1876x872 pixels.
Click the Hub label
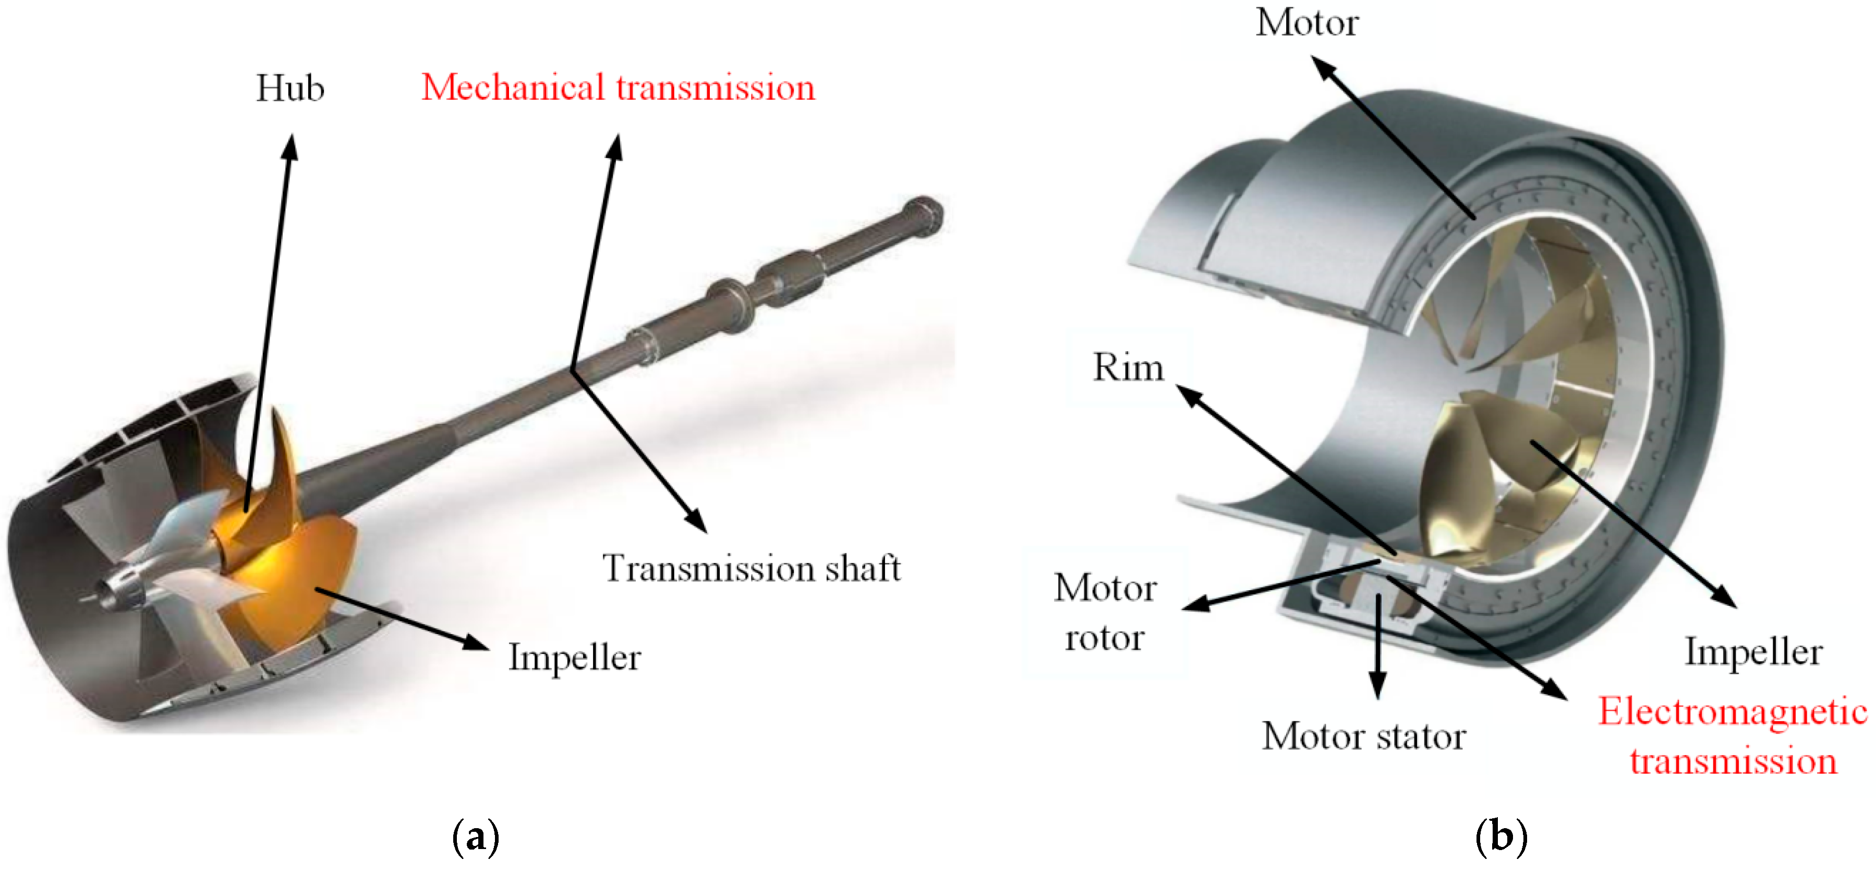click(290, 89)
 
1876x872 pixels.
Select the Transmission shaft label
click(751, 568)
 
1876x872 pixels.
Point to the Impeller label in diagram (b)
click(1753, 651)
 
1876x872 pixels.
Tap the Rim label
click(1128, 367)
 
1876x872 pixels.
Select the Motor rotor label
click(1105, 612)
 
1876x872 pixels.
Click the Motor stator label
click(1363, 736)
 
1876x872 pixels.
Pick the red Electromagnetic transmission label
click(1733, 736)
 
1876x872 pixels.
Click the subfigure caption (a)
click(476, 838)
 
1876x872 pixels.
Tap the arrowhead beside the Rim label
click(1189, 396)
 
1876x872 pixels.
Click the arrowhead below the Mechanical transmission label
click(615, 145)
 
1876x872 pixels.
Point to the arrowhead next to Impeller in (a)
click(477, 643)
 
